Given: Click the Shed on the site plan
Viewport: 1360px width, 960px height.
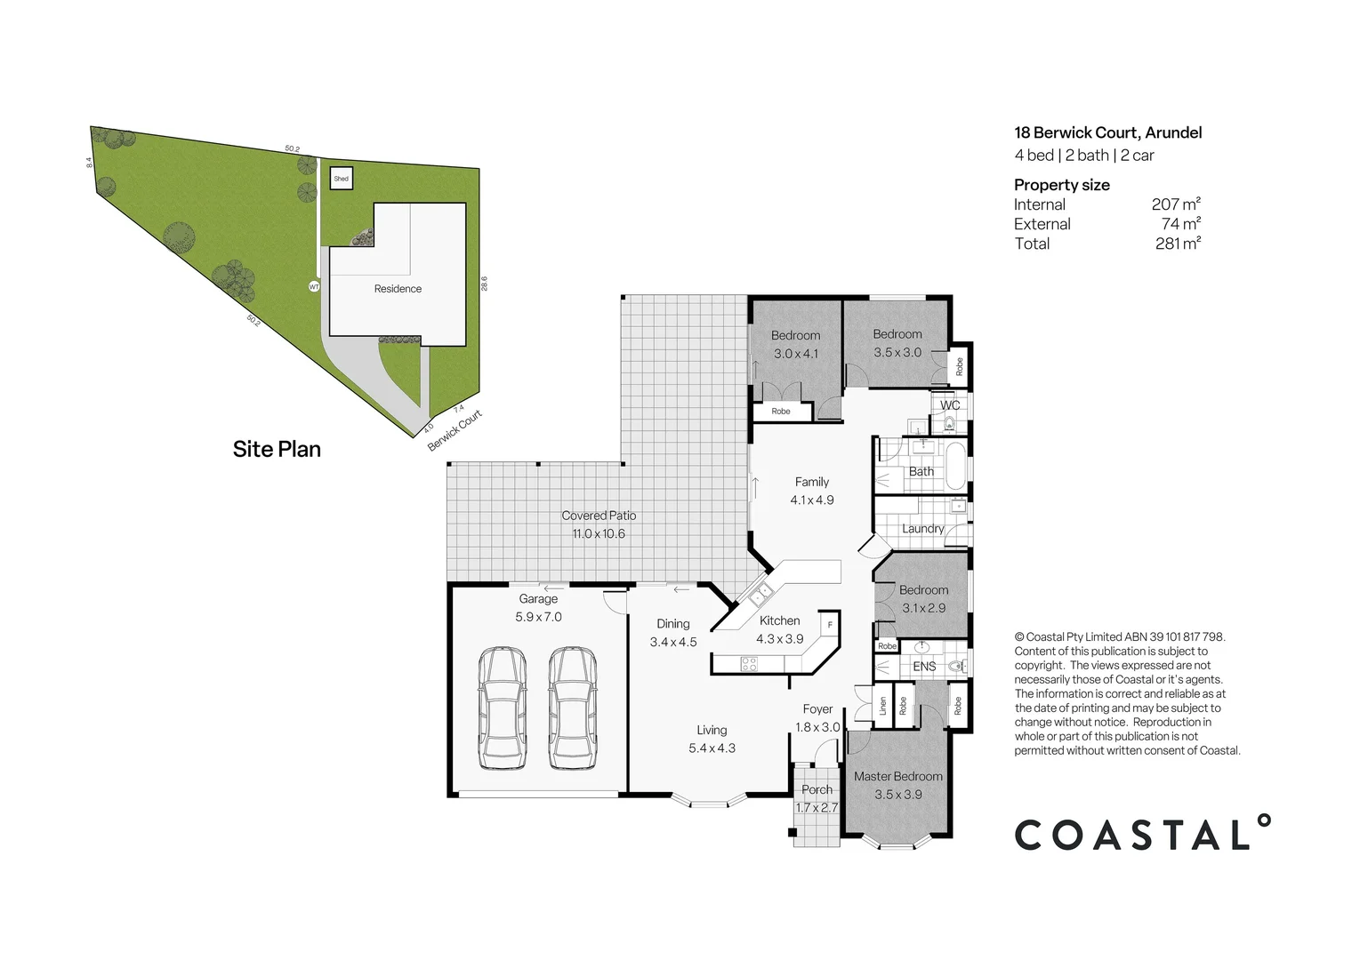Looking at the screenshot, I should (x=341, y=179).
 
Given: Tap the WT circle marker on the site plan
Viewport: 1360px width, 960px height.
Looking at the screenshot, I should (x=314, y=287).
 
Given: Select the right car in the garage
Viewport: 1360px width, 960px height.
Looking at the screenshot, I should (x=572, y=708).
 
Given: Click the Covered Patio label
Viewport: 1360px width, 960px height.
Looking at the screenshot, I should (x=599, y=516).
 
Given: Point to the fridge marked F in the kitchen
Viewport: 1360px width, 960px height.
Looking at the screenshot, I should (x=829, y=624).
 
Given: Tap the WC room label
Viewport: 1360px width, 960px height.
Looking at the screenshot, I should (x=950, y=405).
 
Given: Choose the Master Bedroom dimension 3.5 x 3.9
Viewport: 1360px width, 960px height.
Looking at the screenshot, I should (x=898, y=795).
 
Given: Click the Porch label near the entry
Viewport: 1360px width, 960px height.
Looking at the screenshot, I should (x=817, y=789).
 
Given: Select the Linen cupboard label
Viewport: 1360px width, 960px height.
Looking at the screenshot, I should (x=882, y=707).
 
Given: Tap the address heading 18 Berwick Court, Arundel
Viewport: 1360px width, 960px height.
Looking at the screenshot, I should (x=1107, y=132).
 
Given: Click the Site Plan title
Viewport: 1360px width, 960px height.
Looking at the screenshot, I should (x=277, y=449).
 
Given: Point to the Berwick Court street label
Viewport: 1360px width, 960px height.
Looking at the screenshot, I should (x=455, y=430).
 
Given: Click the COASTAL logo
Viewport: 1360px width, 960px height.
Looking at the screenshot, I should (x=1142, y=834).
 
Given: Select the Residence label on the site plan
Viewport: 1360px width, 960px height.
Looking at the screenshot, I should (x=398, y=289).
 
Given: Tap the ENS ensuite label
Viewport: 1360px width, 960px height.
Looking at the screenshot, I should (x=924, y=666).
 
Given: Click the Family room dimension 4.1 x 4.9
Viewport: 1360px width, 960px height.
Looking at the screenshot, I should (x=812, y=500).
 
